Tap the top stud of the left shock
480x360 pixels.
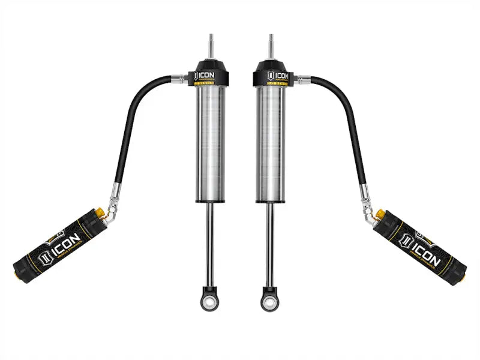pos(210,45)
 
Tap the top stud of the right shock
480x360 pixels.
pos(271,45)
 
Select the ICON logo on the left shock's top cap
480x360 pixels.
pos(205,76)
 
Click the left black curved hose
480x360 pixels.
pos(129,120)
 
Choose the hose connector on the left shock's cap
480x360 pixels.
pos(179,78)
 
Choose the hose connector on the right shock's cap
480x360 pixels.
pos(302,78)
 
